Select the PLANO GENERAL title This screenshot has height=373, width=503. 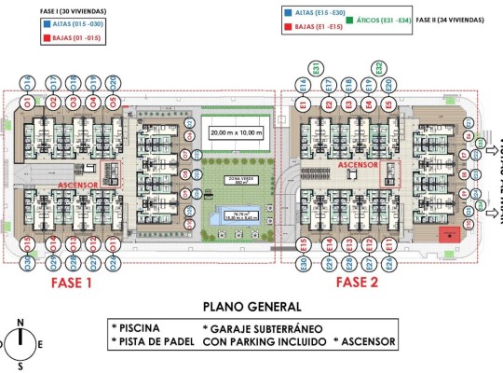251,306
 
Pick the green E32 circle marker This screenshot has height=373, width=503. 379,68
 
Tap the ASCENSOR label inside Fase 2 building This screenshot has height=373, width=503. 359,164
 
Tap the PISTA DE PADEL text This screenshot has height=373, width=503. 153,342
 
